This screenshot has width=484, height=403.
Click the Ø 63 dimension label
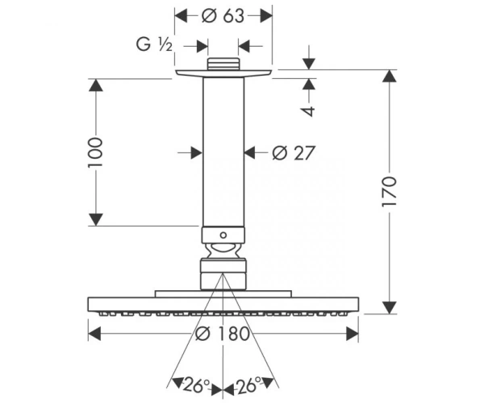point(223,16)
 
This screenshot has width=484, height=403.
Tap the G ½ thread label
point(154,44)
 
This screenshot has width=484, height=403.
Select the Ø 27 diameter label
point(294,153)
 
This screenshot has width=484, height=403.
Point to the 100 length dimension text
point(95,152)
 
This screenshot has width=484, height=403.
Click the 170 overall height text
point(390,192)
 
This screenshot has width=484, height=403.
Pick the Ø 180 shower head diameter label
point(223,334)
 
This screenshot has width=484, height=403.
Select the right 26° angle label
point(248,385)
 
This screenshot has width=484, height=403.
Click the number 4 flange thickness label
point(309,111)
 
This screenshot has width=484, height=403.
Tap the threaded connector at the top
point(223,64)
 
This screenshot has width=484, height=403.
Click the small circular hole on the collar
point(223,235)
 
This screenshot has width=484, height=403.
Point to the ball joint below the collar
point(223,251)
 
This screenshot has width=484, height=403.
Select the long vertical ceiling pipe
point(223,152)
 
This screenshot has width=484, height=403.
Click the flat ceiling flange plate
point(223,73)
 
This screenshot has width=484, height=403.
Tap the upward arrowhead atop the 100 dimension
point(95,85)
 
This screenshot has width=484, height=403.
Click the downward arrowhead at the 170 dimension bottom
point(390,307)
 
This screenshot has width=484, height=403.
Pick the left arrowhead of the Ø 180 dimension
point(94,334)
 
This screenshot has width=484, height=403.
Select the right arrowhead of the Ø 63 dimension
point(265,16)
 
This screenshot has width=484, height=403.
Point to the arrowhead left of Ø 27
point(197,152)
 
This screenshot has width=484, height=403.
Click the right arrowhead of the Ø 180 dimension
point(353,334)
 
